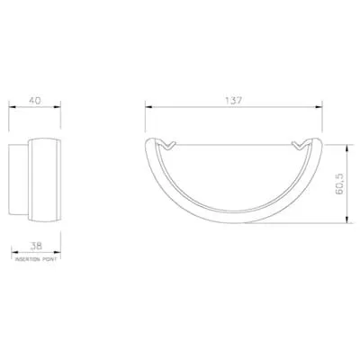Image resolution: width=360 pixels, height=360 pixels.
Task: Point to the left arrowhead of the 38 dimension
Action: (13, 251)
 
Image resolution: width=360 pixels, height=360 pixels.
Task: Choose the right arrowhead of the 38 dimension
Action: (57, 251)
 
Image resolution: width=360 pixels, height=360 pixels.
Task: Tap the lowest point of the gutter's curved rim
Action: (232, 221)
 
